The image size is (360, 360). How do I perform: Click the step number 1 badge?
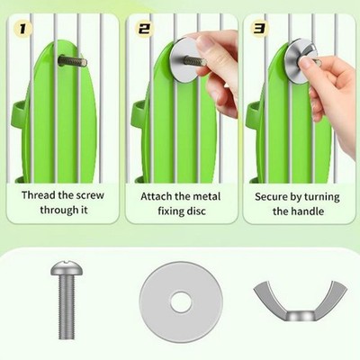coord(22,29)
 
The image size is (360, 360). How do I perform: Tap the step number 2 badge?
coord(144,29)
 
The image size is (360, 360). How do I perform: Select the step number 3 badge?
coord(259,29)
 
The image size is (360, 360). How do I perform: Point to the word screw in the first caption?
coord(90,195)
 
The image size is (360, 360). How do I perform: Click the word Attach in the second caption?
coord(157,196)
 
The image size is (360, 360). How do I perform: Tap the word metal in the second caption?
coord(206,196)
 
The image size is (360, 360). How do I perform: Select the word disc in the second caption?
coord(196,211)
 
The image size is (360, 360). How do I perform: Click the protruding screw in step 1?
coord(72,61)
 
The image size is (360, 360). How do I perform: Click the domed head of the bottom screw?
coord(67,268)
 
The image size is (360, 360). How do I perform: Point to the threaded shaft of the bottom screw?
coord(67,307)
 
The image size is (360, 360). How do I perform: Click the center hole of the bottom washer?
coord(181,301)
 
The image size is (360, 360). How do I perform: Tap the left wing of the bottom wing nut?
coord(269,297)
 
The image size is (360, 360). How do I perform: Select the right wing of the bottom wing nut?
coord(332,297)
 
